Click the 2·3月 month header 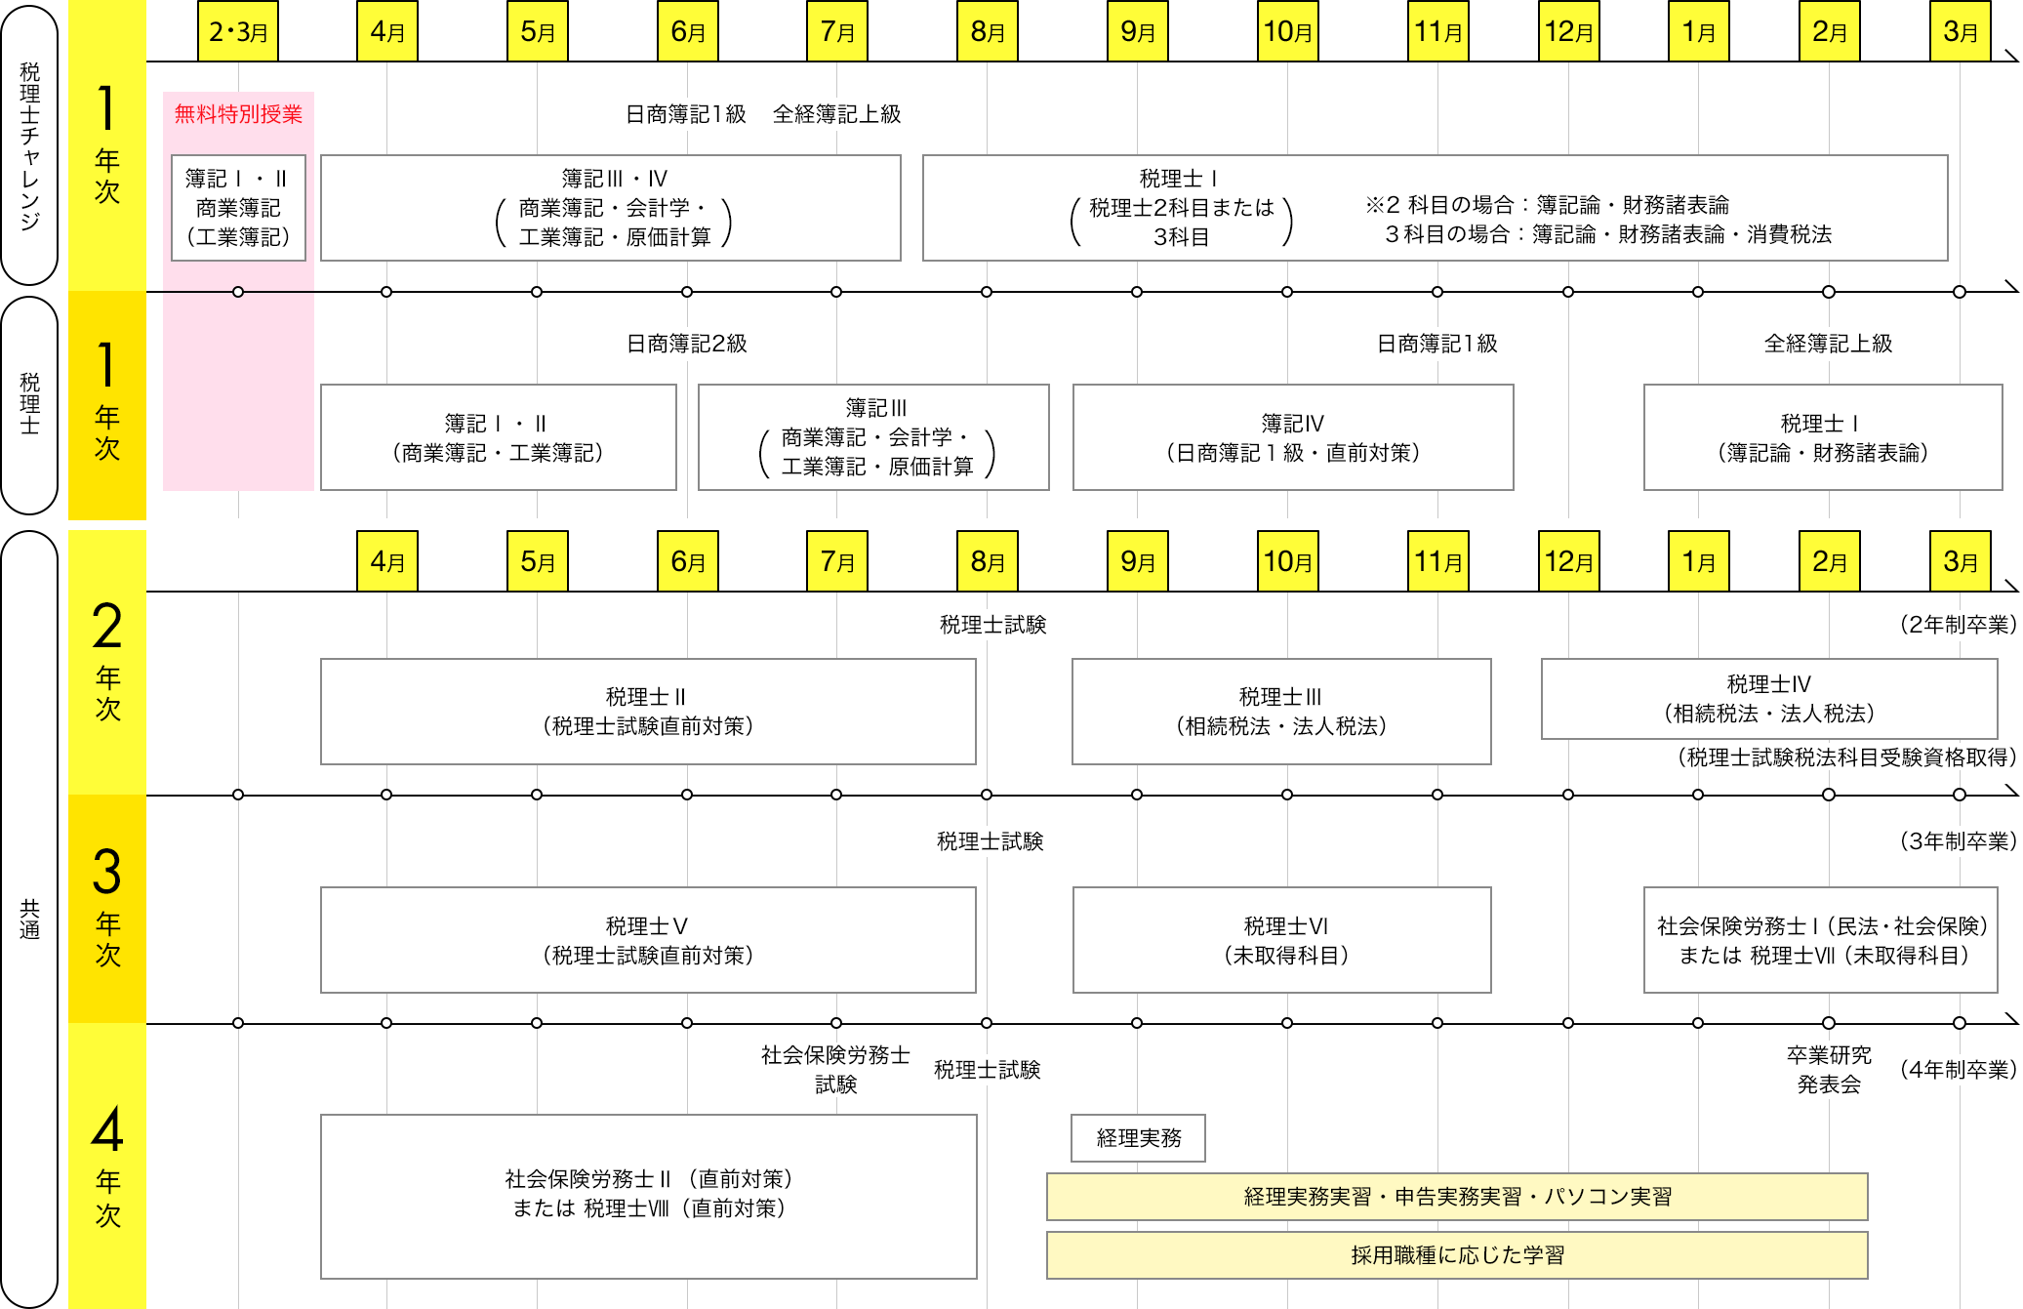(238, 31)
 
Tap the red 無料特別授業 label (238, 114)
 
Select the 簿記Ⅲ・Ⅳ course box (611, 207)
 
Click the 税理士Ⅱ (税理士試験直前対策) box (648, 711)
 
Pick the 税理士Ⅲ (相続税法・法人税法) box (1280, 711)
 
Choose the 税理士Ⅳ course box (1768, 699)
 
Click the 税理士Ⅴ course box (648, 939)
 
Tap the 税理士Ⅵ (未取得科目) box (1281, 939)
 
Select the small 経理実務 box (1138, 1137)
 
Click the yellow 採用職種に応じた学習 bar (1456, 1254)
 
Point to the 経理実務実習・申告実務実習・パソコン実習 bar (1456, 1196)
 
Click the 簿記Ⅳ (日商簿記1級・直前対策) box (1292, 436)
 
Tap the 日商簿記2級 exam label (686, 344)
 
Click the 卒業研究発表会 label (1828, 1069)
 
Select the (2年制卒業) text (1957, 624)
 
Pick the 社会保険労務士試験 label (835, 1069)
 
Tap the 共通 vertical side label (29, 918)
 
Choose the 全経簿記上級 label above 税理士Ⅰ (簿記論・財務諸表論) (1828, 344)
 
